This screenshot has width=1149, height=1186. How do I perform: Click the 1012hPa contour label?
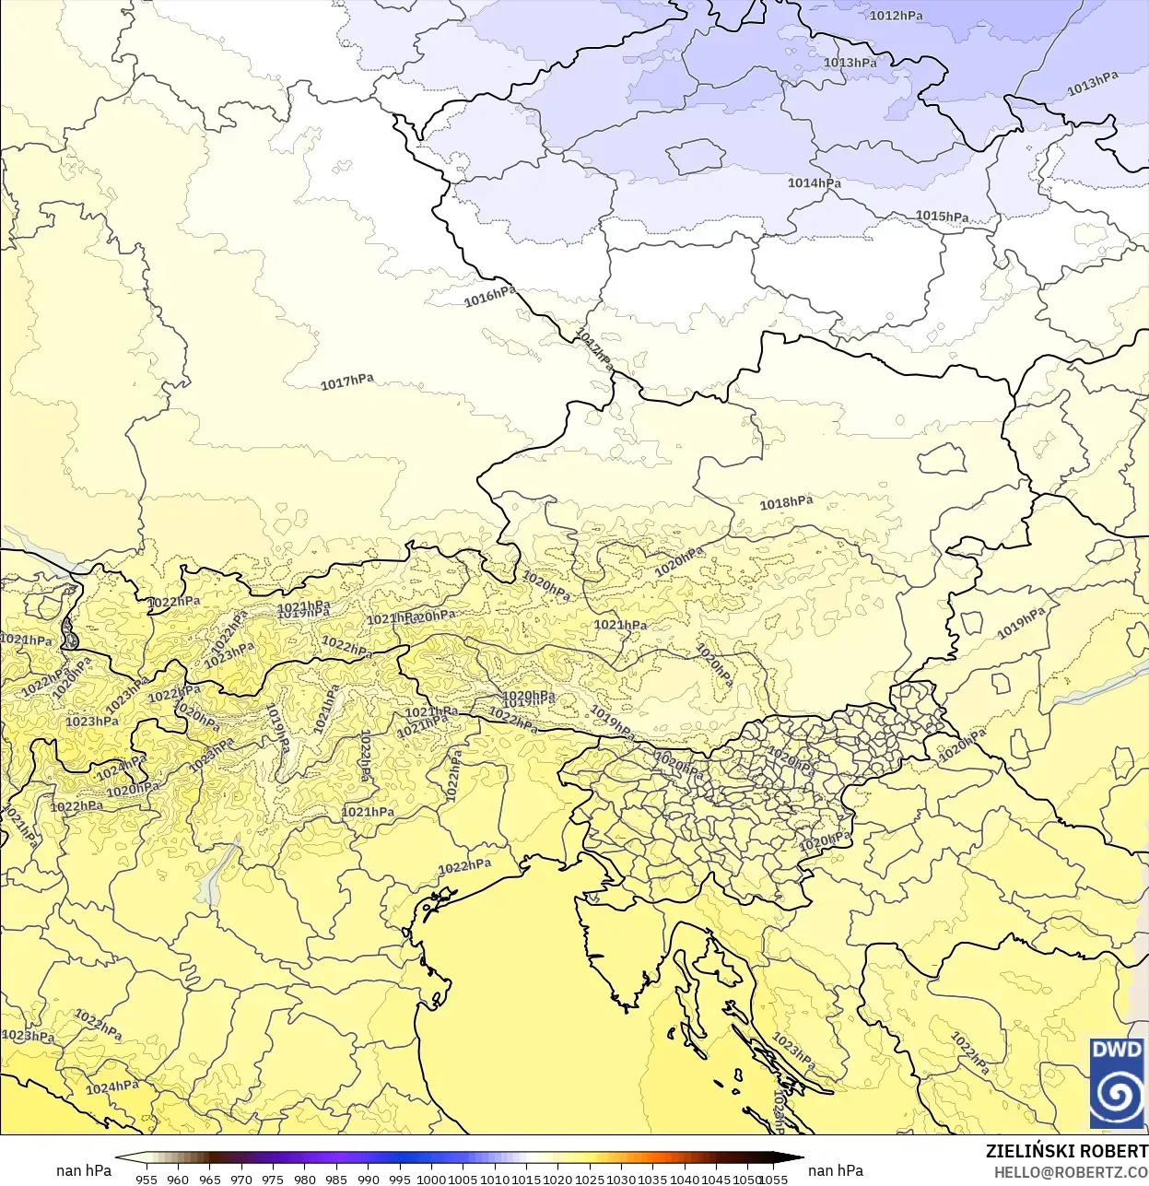tap(896, 16)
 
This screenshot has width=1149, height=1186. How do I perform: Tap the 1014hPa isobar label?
tap(814, 183)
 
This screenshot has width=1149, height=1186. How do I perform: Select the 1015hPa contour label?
tap(942, 217)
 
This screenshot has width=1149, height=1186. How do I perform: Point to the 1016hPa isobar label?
tap(489, 296)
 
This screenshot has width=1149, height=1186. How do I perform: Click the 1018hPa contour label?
tap(786, 502)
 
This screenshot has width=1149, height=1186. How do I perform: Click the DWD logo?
tap(1117, 1083)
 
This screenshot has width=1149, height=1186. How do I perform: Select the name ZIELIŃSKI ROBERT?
tap(1066, 1151)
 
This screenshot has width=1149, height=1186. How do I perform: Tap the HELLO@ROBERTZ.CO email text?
tap(1071, 1171)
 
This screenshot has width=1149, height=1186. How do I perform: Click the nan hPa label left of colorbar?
tap(84, 1170)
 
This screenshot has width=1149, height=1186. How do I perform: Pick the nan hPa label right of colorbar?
tap(836, 1170)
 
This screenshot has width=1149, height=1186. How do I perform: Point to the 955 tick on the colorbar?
tap(147, 1179)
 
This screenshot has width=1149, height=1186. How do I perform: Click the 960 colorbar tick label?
tap(178, 1179)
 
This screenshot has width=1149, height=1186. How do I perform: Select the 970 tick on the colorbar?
tap(241, 1179)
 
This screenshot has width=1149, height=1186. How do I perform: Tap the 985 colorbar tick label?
tap(336, 1179)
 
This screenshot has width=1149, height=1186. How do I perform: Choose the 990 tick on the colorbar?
tap(369, 1179)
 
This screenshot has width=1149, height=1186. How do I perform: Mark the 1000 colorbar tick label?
tap(431, 1179)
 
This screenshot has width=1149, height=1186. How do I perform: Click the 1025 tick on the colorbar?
tap(590, 1179)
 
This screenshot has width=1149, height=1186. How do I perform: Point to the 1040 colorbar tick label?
tap(685, 1179)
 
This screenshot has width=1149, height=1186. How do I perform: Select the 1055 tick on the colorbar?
tap(774, 1179)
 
